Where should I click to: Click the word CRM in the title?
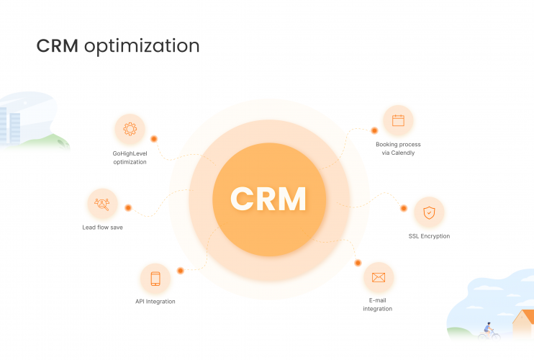58,46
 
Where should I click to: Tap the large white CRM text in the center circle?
268,198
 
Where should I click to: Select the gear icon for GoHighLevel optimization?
130,130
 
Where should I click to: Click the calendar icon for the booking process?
398,120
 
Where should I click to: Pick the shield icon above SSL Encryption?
429,212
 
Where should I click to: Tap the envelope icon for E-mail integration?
379,277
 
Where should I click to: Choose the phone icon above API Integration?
155,278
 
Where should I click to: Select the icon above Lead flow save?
102,204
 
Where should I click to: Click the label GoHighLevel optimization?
130,158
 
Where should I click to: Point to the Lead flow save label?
102,228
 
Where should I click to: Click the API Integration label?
155,302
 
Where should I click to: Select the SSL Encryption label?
429,236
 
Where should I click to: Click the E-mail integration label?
378,305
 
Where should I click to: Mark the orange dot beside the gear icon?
154,138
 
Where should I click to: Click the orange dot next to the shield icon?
404,208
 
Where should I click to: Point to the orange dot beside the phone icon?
181,271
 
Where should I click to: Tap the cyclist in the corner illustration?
489,330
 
